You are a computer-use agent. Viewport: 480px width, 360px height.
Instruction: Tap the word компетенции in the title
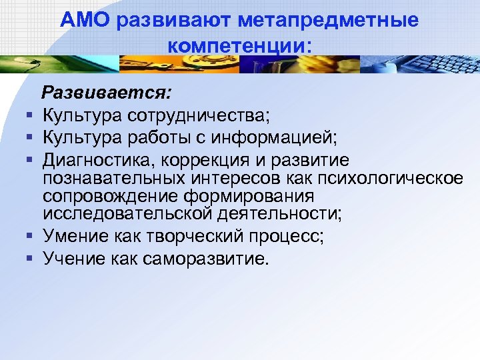pyautogui.click(x=236, y=47)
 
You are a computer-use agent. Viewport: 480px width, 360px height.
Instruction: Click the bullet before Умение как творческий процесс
pyautogui.click(x=30, y=237)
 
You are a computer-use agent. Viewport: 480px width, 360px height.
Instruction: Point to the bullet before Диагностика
pyautogui.click(x=30, y=161)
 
